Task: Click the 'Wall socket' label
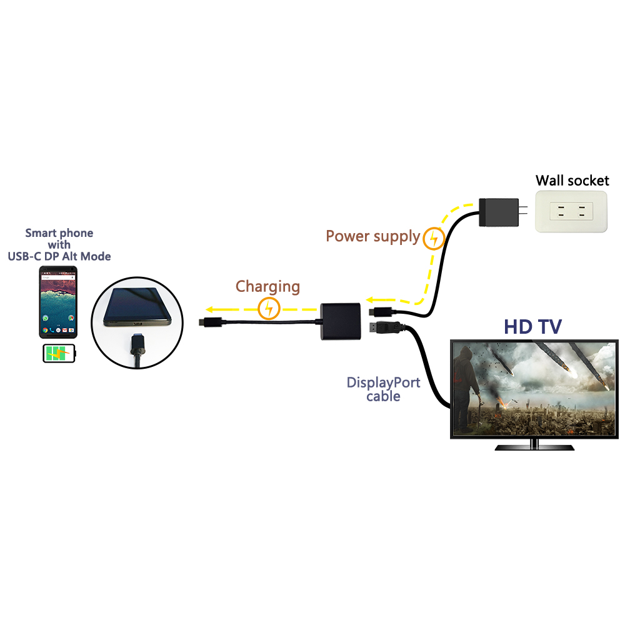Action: tap(572, 181)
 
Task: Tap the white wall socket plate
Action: tap(571, 212)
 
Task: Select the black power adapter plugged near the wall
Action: tap(498, 213)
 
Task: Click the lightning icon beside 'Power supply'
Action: tap(433, 238)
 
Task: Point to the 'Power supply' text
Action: tap(372, 236)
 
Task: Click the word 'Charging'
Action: tap(267, 287)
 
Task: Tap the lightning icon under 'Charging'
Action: tap(269, 308)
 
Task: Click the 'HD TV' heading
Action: tap(533, 326)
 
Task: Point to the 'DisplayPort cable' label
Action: tap(383, 389)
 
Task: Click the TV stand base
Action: tap(534, 447)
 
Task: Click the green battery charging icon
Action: tap(59, 354)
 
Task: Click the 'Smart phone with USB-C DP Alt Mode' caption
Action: tap(59, 244)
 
